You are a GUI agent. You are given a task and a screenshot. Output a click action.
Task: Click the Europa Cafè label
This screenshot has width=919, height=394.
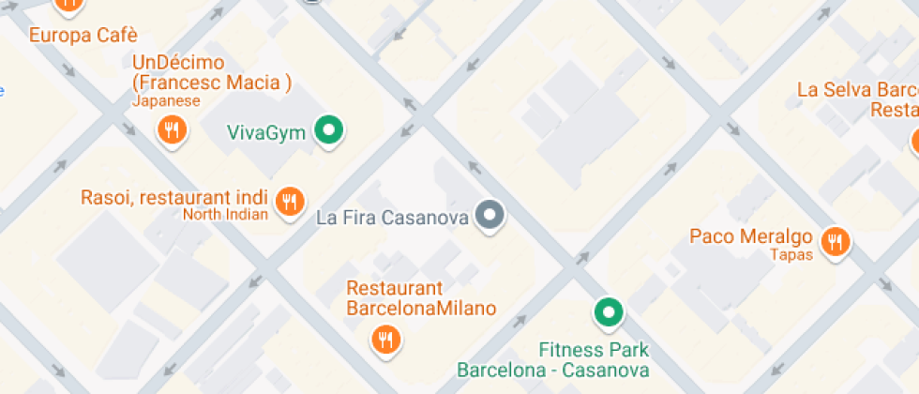click(83, 36)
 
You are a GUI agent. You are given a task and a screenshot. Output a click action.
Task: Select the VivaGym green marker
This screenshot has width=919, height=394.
click(327, 130)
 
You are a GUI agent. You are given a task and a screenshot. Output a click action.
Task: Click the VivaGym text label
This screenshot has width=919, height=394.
click(266, 132)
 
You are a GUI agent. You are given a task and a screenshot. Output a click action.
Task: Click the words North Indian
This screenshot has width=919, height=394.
click(225, 214)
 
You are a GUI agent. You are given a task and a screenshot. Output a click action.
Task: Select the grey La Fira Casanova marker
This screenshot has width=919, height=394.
click(489, 216)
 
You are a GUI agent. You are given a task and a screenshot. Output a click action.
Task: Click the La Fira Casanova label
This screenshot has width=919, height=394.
click(392, 218)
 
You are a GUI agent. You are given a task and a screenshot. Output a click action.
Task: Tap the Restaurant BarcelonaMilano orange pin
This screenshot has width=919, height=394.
click(384, 339)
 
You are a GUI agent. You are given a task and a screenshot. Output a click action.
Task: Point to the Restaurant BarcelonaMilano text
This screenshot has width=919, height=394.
click(421, 298)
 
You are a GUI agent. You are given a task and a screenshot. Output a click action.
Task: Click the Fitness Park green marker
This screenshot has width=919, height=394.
click(609, 311)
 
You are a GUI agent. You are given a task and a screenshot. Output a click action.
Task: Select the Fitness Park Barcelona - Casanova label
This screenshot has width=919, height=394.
click(553, 360)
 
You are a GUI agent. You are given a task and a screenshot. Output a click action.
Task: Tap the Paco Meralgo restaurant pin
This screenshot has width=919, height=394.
click(834, 242)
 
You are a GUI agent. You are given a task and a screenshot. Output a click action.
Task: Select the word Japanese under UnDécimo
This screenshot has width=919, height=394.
click(166, 100)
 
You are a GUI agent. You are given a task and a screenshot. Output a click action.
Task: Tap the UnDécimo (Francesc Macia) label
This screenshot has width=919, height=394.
click(211, 73)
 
